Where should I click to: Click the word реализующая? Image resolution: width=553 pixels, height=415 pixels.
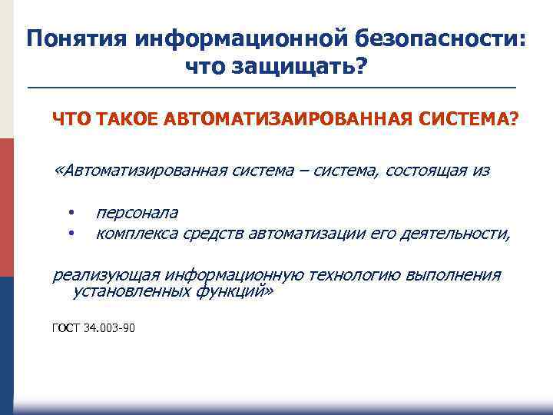(x=105, y=275)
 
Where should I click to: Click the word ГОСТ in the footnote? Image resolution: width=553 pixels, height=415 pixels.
(x=65, y=328)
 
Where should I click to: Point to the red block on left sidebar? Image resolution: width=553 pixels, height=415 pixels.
(x=6, y=207)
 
